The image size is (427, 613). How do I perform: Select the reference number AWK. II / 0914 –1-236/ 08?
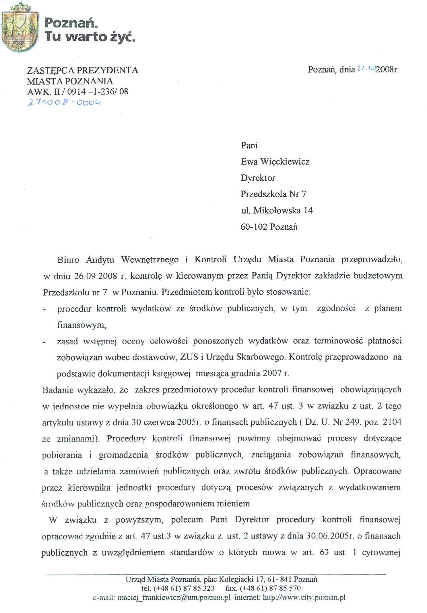77,92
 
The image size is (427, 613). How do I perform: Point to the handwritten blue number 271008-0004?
64,102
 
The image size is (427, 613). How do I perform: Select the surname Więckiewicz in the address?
285,162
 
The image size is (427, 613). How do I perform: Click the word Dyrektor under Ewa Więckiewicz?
258,178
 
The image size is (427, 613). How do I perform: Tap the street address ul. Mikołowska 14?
277,210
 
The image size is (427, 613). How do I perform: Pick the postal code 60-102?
254,227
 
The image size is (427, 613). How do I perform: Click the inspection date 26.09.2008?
95,276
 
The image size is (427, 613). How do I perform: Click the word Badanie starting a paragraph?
58,390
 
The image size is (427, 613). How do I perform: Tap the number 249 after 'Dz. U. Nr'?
352,422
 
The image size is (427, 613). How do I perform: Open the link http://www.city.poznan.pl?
304,598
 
